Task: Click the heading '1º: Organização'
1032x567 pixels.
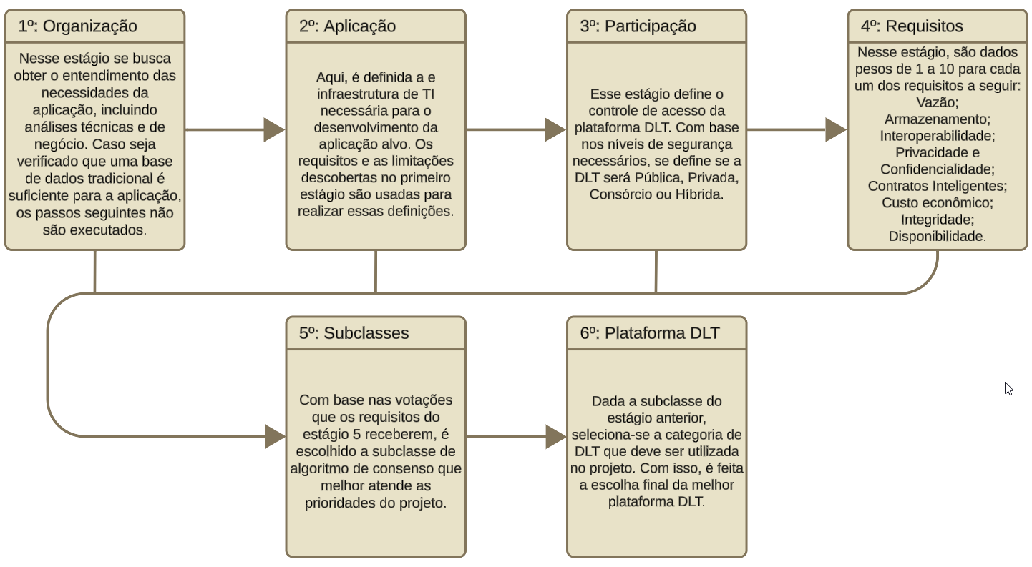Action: pos(77,26)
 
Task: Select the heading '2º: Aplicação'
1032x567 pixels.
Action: pos(347,26)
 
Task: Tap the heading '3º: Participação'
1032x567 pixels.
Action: pos(638,26)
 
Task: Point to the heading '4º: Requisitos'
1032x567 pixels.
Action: pos(912,26)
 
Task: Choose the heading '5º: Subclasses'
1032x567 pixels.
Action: pos(354,333)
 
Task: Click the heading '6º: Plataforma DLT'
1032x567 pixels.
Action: pos(650,333)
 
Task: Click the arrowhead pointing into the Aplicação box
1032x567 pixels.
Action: pos(275,130)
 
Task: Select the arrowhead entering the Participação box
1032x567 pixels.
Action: pos(555,130)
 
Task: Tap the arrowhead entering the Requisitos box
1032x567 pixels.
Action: pos(836,130)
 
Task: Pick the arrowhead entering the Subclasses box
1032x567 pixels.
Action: pos(276,436)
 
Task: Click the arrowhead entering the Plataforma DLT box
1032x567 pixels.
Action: pos(557,436)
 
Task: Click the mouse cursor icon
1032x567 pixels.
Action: pos(1008,389)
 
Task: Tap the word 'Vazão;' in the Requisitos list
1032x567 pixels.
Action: pos(937,102)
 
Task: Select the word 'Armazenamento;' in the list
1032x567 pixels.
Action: pos(937,119)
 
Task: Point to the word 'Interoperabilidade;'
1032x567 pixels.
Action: pos(937,136)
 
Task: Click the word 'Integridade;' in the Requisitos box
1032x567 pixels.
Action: pos(937,220)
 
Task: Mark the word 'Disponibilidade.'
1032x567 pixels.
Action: pos(937,236)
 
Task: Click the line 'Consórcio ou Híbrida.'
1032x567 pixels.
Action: pos(656,194)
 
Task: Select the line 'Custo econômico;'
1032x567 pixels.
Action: pos(937,202)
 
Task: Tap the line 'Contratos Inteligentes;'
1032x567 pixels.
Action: pos(937,186)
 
